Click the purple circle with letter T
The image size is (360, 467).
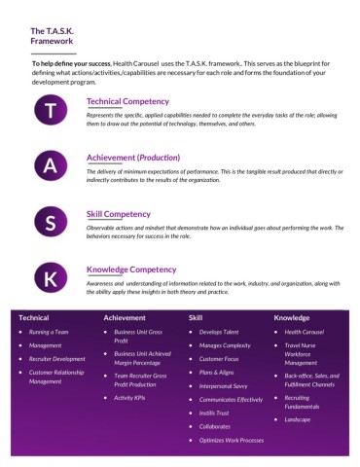point(52,110)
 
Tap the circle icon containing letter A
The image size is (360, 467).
point(52,165)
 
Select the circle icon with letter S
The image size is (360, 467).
point(52,222)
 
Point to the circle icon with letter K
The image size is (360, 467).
point(52,277)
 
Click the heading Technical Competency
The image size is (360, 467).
point(127,100)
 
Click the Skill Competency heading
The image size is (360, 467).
point(118,213)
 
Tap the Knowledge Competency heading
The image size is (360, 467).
point(131,269)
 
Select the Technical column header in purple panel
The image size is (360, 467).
point(33,317)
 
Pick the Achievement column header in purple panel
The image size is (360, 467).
point(125,317)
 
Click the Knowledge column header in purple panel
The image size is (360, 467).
point(292,317)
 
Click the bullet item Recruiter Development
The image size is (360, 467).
point(57,358)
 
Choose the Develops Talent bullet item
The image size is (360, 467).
point(218,332)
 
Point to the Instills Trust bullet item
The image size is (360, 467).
point(215,413)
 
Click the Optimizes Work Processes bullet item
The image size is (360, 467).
point(232,440)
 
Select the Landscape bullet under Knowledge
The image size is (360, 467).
point(298,419)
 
